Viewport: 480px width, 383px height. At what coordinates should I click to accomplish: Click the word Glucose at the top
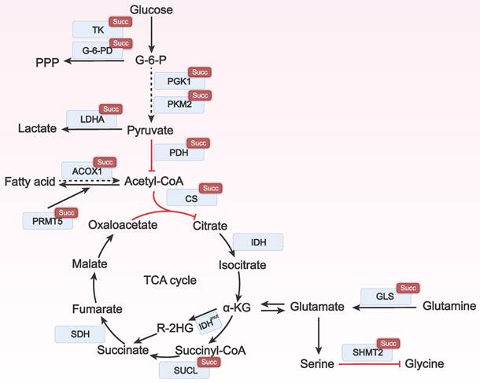152,10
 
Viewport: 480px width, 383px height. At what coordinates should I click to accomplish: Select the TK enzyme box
98,29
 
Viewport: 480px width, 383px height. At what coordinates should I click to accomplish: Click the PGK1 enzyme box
179,82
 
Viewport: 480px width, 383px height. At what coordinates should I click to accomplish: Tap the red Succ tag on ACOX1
105,162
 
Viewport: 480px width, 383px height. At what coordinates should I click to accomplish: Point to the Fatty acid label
30,182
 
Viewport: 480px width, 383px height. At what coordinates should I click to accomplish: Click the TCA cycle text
170,280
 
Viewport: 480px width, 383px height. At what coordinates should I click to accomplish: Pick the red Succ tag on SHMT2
386,344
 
